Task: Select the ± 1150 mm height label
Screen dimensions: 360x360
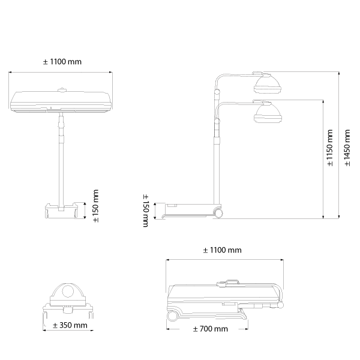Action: (x=329, y=147)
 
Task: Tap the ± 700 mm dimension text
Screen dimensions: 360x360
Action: (x=210, y=329)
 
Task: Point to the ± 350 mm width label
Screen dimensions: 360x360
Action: (x=70, y=325)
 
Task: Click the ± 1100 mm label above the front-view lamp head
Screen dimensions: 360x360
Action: (x=62, y=62)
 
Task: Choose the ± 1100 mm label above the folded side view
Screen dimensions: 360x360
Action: (x=222, y=250)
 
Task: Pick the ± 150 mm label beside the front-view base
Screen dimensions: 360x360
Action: (x=95, y=205)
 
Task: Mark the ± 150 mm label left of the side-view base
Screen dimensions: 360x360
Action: (x=145, y=210)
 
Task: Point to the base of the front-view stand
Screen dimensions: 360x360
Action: (x=62, y=211)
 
